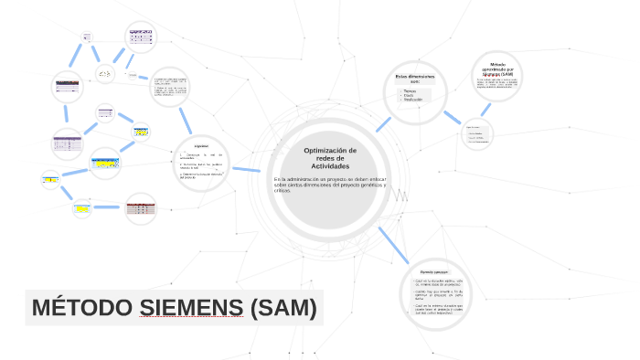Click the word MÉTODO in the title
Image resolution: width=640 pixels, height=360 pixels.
[x=83, y=308]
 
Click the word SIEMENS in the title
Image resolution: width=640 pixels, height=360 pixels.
[x=191, y=308]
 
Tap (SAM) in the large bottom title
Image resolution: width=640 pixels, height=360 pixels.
[x=283, y=308]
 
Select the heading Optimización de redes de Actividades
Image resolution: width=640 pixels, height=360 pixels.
[x=330, y=158]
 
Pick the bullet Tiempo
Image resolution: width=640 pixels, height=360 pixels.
[x=410, y=90]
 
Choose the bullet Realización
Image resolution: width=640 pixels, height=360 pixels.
[x=413, y=100]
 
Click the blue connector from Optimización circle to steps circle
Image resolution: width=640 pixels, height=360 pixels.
[x=245, y=169]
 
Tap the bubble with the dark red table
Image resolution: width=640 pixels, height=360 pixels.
[x=141, y=208]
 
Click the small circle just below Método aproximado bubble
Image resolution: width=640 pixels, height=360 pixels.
[x=475, y=134]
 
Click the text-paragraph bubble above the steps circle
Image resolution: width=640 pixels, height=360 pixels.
[x=169, y=87]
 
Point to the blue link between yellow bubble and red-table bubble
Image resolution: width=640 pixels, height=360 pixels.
[x=110, y=207]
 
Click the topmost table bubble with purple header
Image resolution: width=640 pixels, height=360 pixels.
[x=143, y=37]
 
